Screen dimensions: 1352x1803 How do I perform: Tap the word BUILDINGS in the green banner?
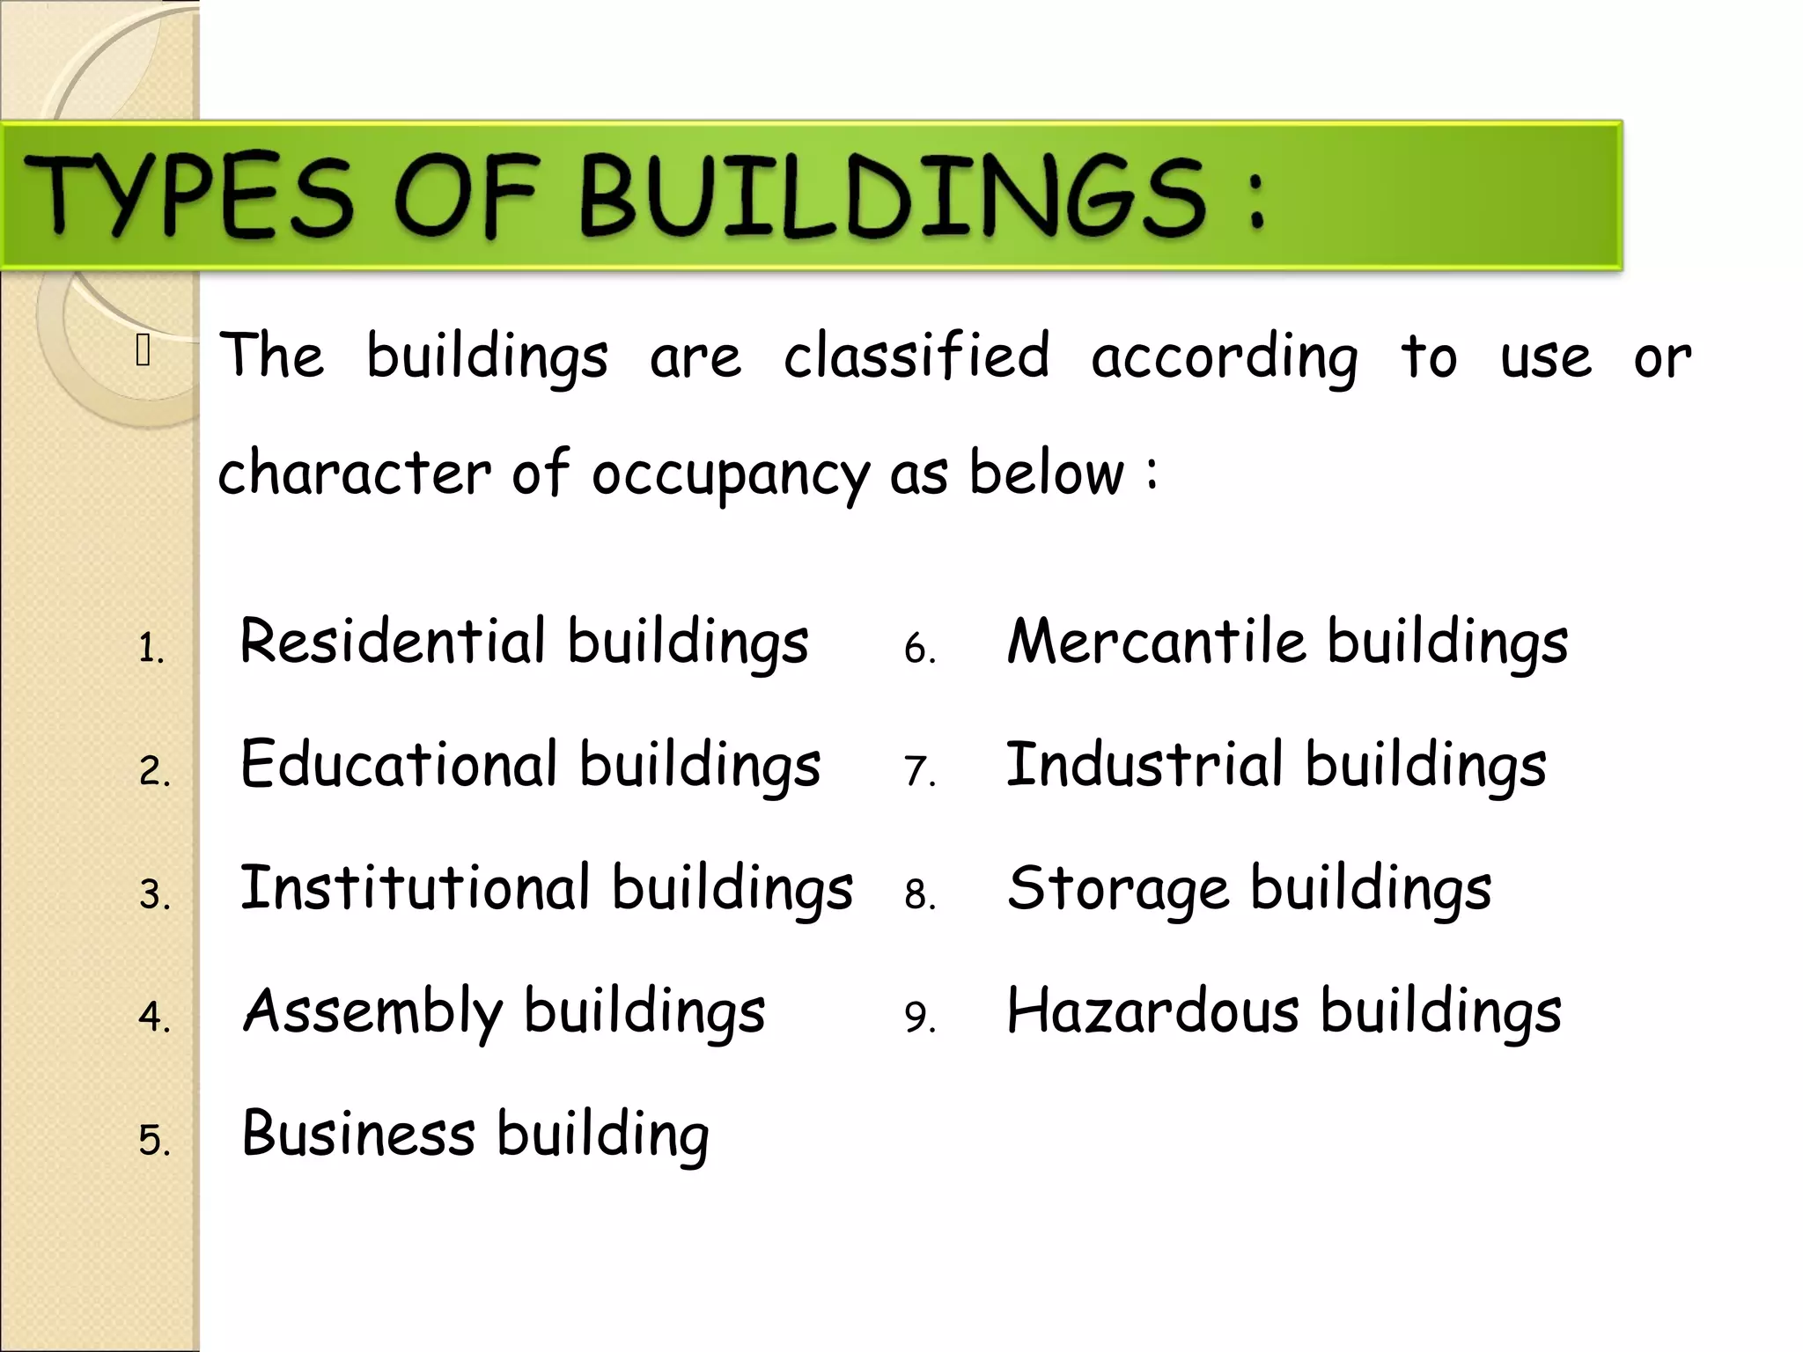pyautogui.click(x=894, y=195)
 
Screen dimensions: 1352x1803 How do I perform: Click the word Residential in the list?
pyautogui.click(x=393, y=641)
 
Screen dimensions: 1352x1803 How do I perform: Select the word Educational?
pyautogui.click(x=399, y=764)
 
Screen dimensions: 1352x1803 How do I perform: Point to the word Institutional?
pyautogui.click(x=415, y=887)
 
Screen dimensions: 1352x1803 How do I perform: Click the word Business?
pyautogui.click(x=358, y=1134)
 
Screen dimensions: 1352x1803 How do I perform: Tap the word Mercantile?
pyautogui.click(x=1156, y=641)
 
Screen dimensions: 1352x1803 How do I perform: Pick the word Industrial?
pyautogui.click(x=1144, y=764)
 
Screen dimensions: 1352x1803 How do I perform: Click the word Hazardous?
pyautogui.click(x=1152, y=1010)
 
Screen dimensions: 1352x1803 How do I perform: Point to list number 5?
pyautogui.click(x=154, y=1141)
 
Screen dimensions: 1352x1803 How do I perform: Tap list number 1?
pyautogui.click(x=151, y=649)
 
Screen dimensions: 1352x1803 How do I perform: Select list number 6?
pyautogui.click(x=919, y=649)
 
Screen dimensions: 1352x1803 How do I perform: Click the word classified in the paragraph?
pyautogui.click(x=916, y=356)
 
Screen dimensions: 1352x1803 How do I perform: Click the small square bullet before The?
pyautogui.click(x=144, y=350)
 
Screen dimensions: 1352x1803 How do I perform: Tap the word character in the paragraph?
pyautogui.click(x=355, y=474)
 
